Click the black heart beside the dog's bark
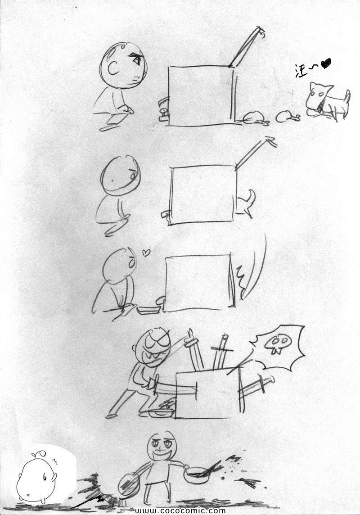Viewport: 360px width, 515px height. [326, 63]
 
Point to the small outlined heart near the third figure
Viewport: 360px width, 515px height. [146, 252]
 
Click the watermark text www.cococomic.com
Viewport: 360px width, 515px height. [180, 510]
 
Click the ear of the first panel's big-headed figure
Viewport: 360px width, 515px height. [112, 68]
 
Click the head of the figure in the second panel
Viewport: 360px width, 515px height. [120, 176]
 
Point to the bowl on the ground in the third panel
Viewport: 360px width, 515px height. [148, 309]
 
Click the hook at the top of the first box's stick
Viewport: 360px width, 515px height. [261, 32]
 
